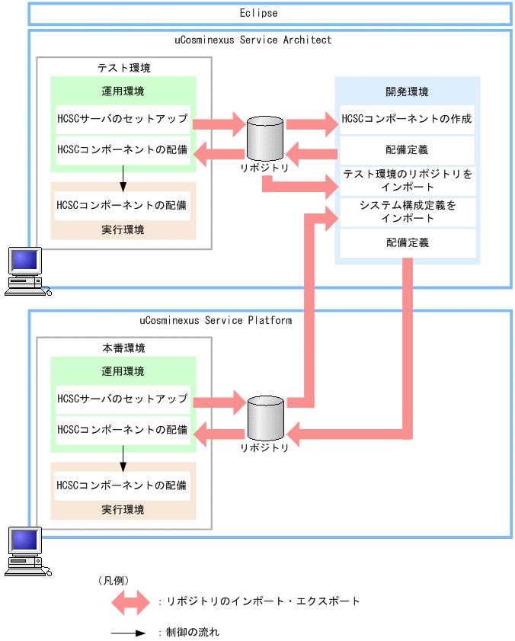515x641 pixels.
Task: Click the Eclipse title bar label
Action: click(258, 13)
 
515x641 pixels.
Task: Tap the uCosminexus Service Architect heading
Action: click(258, 40)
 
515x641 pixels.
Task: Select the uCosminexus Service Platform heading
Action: click(216, 320)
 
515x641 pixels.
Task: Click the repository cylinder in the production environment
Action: click(264, 418)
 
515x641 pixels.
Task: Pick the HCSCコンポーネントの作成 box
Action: click(407, 119)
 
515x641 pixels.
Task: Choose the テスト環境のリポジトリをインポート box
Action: click(407, 181)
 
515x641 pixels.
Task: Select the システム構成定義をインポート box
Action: click(407, 212)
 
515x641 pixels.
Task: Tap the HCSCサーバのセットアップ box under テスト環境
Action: click(123, 119)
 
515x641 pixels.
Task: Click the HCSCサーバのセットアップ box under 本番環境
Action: click(123, 399)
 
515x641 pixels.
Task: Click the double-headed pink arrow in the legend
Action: click(131, 602)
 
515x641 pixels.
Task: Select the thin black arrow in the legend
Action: click(129, 632)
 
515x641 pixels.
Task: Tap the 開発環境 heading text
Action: click(407, 91)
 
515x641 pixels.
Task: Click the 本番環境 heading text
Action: click(123, 348)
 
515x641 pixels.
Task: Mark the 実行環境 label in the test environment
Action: click(123, 229)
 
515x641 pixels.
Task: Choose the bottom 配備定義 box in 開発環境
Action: click(407, 242)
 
